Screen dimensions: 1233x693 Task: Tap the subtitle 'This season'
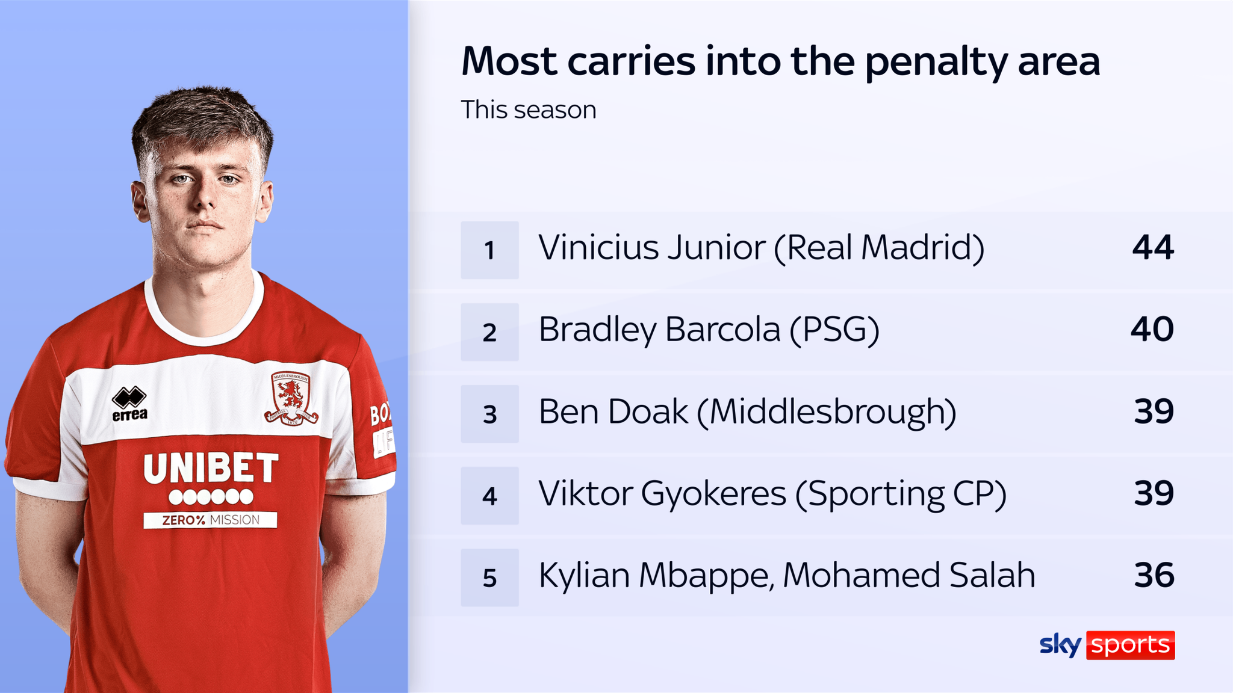pyautogui.click(x=529, y=110)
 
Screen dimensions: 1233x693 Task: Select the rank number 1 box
pyautogui.click(x=489, y=250)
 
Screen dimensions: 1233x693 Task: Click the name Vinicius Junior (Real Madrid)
pyautogui.click(x=762, y=248)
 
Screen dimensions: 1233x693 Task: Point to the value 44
pyautogui.click(x=1153, y=247)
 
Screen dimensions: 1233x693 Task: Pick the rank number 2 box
pyautogui.click(x=489, y=332)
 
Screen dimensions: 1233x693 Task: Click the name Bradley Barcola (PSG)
pyautogui.click(x=709, y=330)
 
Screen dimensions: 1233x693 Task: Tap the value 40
pyautogui.click(x=1152, y=330)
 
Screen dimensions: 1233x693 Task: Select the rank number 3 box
pyautogui.click(x=489, y=414)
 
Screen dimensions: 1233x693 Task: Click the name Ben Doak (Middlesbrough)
pyautogui.click(x=748, y=412)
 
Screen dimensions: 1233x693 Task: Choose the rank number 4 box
pyautogui.click(x=489, y=496)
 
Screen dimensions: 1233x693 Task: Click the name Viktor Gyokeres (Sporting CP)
pyautogui.click(x=772, y=494)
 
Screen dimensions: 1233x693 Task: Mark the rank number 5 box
pyautogui.click(x=489, y=577)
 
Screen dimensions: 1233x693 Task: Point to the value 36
pyautogui.click(x=1154, y=575)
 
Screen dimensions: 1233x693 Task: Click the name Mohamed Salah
pyautogui.click(x=909, y=575)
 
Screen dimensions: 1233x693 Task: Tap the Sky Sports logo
pyautogui.click(x=1107, y=645)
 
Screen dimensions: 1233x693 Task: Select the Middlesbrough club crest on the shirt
pyautogui.click(x=291, y=398)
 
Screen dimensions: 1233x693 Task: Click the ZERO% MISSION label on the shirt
pyautogui.click(x=210, y=520)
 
